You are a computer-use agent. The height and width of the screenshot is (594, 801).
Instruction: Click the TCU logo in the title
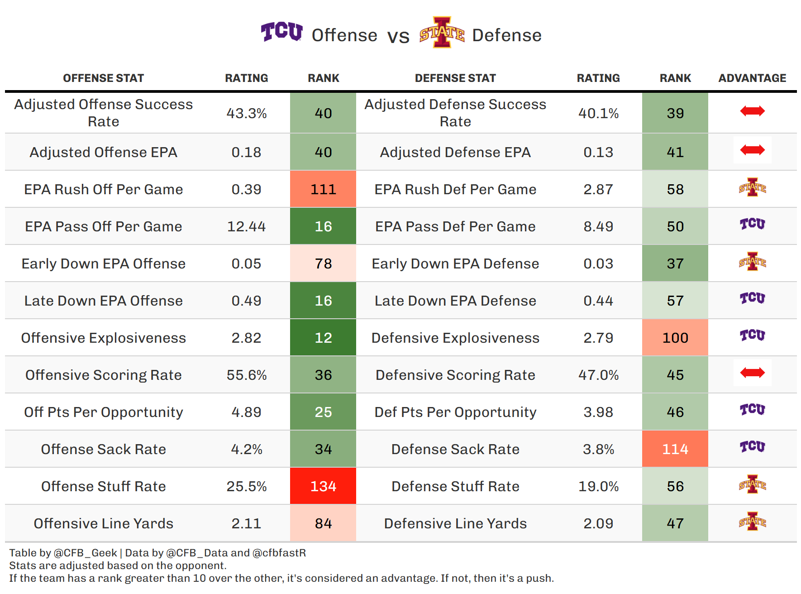point(281,32)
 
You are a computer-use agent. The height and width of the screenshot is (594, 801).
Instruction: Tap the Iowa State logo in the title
point(442,33)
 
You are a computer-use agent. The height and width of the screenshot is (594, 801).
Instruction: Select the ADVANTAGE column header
point(752,78)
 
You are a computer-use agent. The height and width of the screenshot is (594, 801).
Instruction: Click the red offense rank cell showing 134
point(323,486)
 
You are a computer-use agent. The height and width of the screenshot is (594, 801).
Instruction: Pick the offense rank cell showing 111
point(323,189)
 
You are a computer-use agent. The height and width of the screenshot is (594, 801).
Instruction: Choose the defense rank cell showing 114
point(675,449)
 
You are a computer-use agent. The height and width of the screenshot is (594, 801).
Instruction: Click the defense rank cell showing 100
point(675,338)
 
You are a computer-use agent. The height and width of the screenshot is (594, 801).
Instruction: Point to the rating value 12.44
point(246,226)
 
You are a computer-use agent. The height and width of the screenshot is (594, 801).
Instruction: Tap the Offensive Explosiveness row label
point(103,338)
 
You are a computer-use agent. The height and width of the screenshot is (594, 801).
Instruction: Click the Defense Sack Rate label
point(455,449)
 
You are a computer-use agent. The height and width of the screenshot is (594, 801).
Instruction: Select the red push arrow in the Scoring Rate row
point(752,373)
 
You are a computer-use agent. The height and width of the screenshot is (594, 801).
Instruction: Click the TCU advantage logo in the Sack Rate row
point(752,447)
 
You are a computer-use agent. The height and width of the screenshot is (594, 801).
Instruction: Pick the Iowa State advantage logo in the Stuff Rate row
point(752,484)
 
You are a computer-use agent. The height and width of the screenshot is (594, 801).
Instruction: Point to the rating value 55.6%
point(246,375)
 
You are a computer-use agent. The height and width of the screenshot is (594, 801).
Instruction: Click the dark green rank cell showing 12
point(323,338)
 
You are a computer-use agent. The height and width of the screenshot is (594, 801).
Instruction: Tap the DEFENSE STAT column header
point(455,78)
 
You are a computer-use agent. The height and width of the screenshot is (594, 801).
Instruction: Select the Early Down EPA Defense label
point(455,263)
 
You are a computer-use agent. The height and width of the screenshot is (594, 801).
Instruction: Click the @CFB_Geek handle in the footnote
point(85,553)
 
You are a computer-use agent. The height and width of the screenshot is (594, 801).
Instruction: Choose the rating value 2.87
point(598,189)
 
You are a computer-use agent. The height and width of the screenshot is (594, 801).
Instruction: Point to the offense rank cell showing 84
point(323,523)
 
